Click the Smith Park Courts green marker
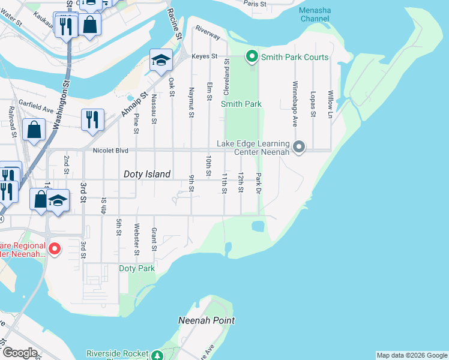pyautogui.click(x=252, y=57)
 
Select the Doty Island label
pyautogui.click(x=147, y=174)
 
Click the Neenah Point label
pyautogui.click(x=206, y=320)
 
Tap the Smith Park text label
pyautogui.click(x=241, y=104)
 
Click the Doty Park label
pyautogui.click(x=137, y=268)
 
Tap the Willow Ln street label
pyautogui.click(x=330, y=104)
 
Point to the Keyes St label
pyautogui.click(x=203, y=56)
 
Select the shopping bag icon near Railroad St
pyautogui.click(x=34, y=128)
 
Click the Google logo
pyautogui.click(x=20, y=353)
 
